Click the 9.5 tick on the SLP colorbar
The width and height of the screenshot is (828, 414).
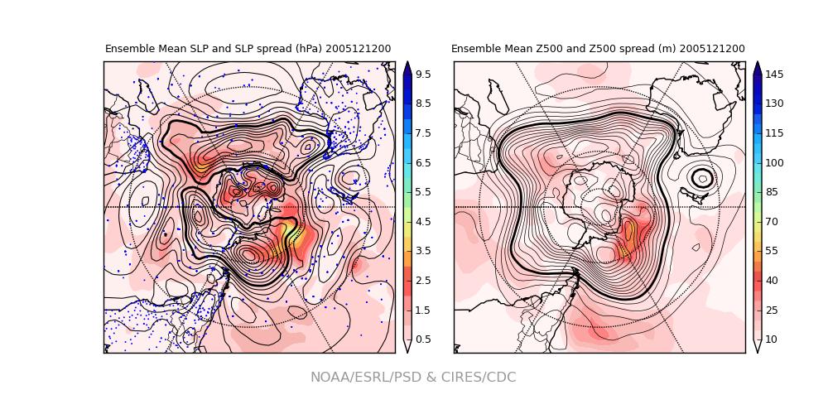click(x=421, y=75)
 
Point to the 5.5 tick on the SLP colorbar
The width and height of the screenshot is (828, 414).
click(x=421, y=192)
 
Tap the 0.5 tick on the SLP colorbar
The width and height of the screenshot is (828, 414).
click(x=421, y=339)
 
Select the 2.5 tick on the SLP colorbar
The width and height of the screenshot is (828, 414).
click(x=421, y=281)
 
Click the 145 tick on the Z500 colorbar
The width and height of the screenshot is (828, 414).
click(x=773, y=75)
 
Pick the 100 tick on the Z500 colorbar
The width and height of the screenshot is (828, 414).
click(x=773, y=163)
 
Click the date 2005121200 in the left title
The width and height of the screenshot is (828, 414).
click(x=358, y=49)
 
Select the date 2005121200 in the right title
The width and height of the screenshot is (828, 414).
click(x=712, y=49)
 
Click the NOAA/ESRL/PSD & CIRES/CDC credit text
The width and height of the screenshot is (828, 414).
click(x=413, y=378)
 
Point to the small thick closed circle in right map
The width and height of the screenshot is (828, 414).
click(x=702, y=177)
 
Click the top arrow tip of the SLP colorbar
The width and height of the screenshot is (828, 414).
click(x=407, y=64)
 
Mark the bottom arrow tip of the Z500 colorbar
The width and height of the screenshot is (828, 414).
click(x=758, y=351)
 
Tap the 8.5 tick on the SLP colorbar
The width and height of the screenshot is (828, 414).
click(x=421, y=103)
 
